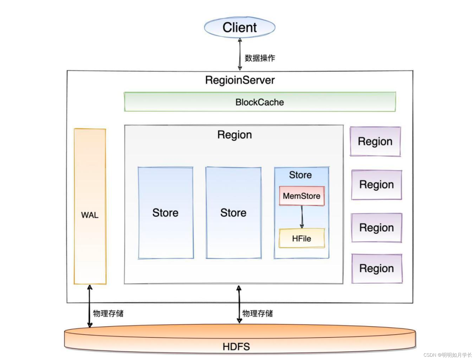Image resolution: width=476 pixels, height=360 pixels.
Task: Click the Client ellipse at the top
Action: click(x=240, y=27)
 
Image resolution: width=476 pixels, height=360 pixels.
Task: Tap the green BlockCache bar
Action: click(x=260, y=102)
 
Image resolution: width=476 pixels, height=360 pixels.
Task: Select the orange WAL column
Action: click(x=90, y=207)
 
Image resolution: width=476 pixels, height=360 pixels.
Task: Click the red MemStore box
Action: click(x=302, y=196)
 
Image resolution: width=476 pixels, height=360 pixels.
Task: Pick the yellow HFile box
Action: click(x=302, y=238)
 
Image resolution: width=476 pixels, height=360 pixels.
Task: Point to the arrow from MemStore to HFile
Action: click(x=302, y=217)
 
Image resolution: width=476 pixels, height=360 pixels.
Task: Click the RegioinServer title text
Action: click(x=240, y=80)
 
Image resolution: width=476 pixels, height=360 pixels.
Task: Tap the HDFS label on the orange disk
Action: click(x=236, y=347)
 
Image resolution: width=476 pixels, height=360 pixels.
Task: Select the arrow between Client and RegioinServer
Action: click(x=240, y=54)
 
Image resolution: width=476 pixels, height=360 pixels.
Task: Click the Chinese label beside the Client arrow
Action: click(x=260, y=58)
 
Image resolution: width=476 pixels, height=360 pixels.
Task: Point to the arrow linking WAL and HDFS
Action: click(x=89, y=306)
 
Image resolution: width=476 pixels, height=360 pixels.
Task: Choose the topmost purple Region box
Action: click(x=375, y=141)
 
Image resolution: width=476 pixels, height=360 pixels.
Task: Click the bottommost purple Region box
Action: click(x=377, y=268)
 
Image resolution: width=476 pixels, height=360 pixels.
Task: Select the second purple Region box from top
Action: click(x=377, y=185)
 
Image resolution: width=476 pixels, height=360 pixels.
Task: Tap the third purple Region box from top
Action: click(x=377, y=228)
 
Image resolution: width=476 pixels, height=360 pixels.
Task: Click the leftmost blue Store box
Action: click(x=166, y=213)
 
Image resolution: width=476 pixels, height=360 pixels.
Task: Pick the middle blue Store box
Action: click(x=233, y=213)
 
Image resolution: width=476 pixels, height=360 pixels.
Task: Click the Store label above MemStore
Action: click(x=300, y=175)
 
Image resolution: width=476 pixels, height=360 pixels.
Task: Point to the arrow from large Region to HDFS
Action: click(x=239, y=304)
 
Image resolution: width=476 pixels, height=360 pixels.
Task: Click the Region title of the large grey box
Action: click(x=234, y=135)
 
